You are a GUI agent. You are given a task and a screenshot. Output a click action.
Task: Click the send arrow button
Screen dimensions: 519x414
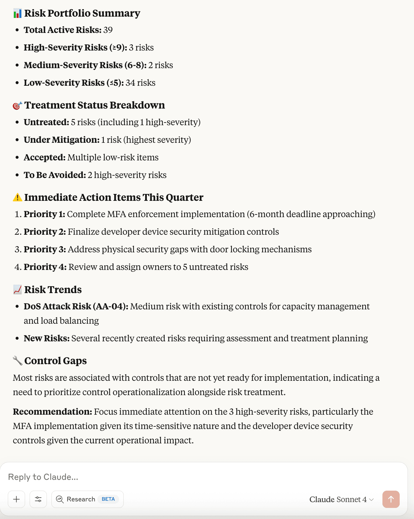[391, 499]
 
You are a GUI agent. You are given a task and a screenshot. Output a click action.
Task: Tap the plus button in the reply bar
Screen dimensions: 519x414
[17, 499]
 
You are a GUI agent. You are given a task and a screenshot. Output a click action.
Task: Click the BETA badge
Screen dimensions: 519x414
[108, 499]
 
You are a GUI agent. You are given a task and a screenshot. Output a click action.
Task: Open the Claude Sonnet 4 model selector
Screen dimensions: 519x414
[341, 499]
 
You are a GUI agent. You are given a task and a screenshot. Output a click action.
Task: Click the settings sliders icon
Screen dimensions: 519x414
[38, 499]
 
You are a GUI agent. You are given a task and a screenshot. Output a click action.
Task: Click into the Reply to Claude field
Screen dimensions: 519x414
[163, 477]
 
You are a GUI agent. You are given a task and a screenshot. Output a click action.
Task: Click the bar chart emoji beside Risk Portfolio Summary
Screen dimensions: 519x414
[17, 13]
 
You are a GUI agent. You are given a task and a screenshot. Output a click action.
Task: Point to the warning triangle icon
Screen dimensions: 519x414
[17, 197]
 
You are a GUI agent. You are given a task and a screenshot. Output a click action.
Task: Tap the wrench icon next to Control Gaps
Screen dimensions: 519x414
[17, 361]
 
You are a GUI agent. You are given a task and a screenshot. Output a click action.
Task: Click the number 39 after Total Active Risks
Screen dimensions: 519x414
[108, 30]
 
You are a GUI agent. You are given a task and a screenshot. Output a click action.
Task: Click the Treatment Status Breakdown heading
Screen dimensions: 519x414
[94, 105]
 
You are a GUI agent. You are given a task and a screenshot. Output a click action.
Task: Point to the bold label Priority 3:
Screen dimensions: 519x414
[45, 249]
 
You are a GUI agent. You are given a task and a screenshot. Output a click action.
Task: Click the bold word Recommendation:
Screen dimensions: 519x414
[52, 412]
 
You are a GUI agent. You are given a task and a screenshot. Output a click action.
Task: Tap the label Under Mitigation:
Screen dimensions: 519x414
[62, 140]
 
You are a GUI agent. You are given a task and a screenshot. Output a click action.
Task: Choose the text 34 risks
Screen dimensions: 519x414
[140, 83]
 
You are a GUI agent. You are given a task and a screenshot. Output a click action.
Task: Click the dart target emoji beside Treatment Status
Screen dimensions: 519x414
[17, 106]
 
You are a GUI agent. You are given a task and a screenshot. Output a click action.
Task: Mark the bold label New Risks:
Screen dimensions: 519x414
[47, 338]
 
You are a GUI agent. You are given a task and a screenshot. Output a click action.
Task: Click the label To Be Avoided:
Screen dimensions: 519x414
[55, 175]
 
